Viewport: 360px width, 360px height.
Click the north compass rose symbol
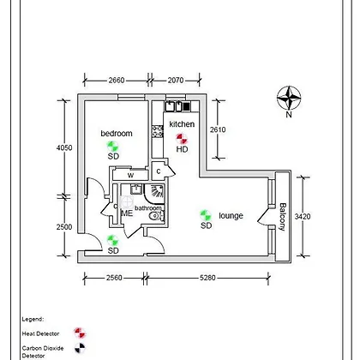(x=289, y=98)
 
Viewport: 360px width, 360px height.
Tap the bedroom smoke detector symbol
(x=112, y=147)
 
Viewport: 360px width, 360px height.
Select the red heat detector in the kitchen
(x=182, y=139)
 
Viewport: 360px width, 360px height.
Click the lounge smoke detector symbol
(x=206, y=215)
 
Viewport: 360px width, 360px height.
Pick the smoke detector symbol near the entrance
(x=112, y=241)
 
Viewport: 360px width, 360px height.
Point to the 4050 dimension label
(x=64, y=147)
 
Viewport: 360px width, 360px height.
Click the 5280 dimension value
(x=207, y=278)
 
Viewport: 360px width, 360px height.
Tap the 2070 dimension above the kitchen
(x=176, y=81)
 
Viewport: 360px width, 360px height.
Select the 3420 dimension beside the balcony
(x=303, y=217)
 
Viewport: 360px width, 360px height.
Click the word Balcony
(x=282, y=217)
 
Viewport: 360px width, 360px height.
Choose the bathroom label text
(x=148, y=208)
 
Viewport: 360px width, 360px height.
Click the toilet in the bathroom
(x=157, y=216)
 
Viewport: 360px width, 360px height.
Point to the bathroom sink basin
(x=136, y=189)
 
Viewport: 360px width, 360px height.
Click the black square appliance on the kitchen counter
(x=186, y=106)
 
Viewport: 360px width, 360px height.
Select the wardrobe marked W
(x=130, y=175)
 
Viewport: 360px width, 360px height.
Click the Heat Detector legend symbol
(x=80, y=333)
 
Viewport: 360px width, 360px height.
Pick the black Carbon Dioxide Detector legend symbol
(x=80, y=348)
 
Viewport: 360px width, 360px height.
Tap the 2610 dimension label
(x=218, y=129)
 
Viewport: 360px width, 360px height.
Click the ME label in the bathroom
(x=127, y=213)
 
